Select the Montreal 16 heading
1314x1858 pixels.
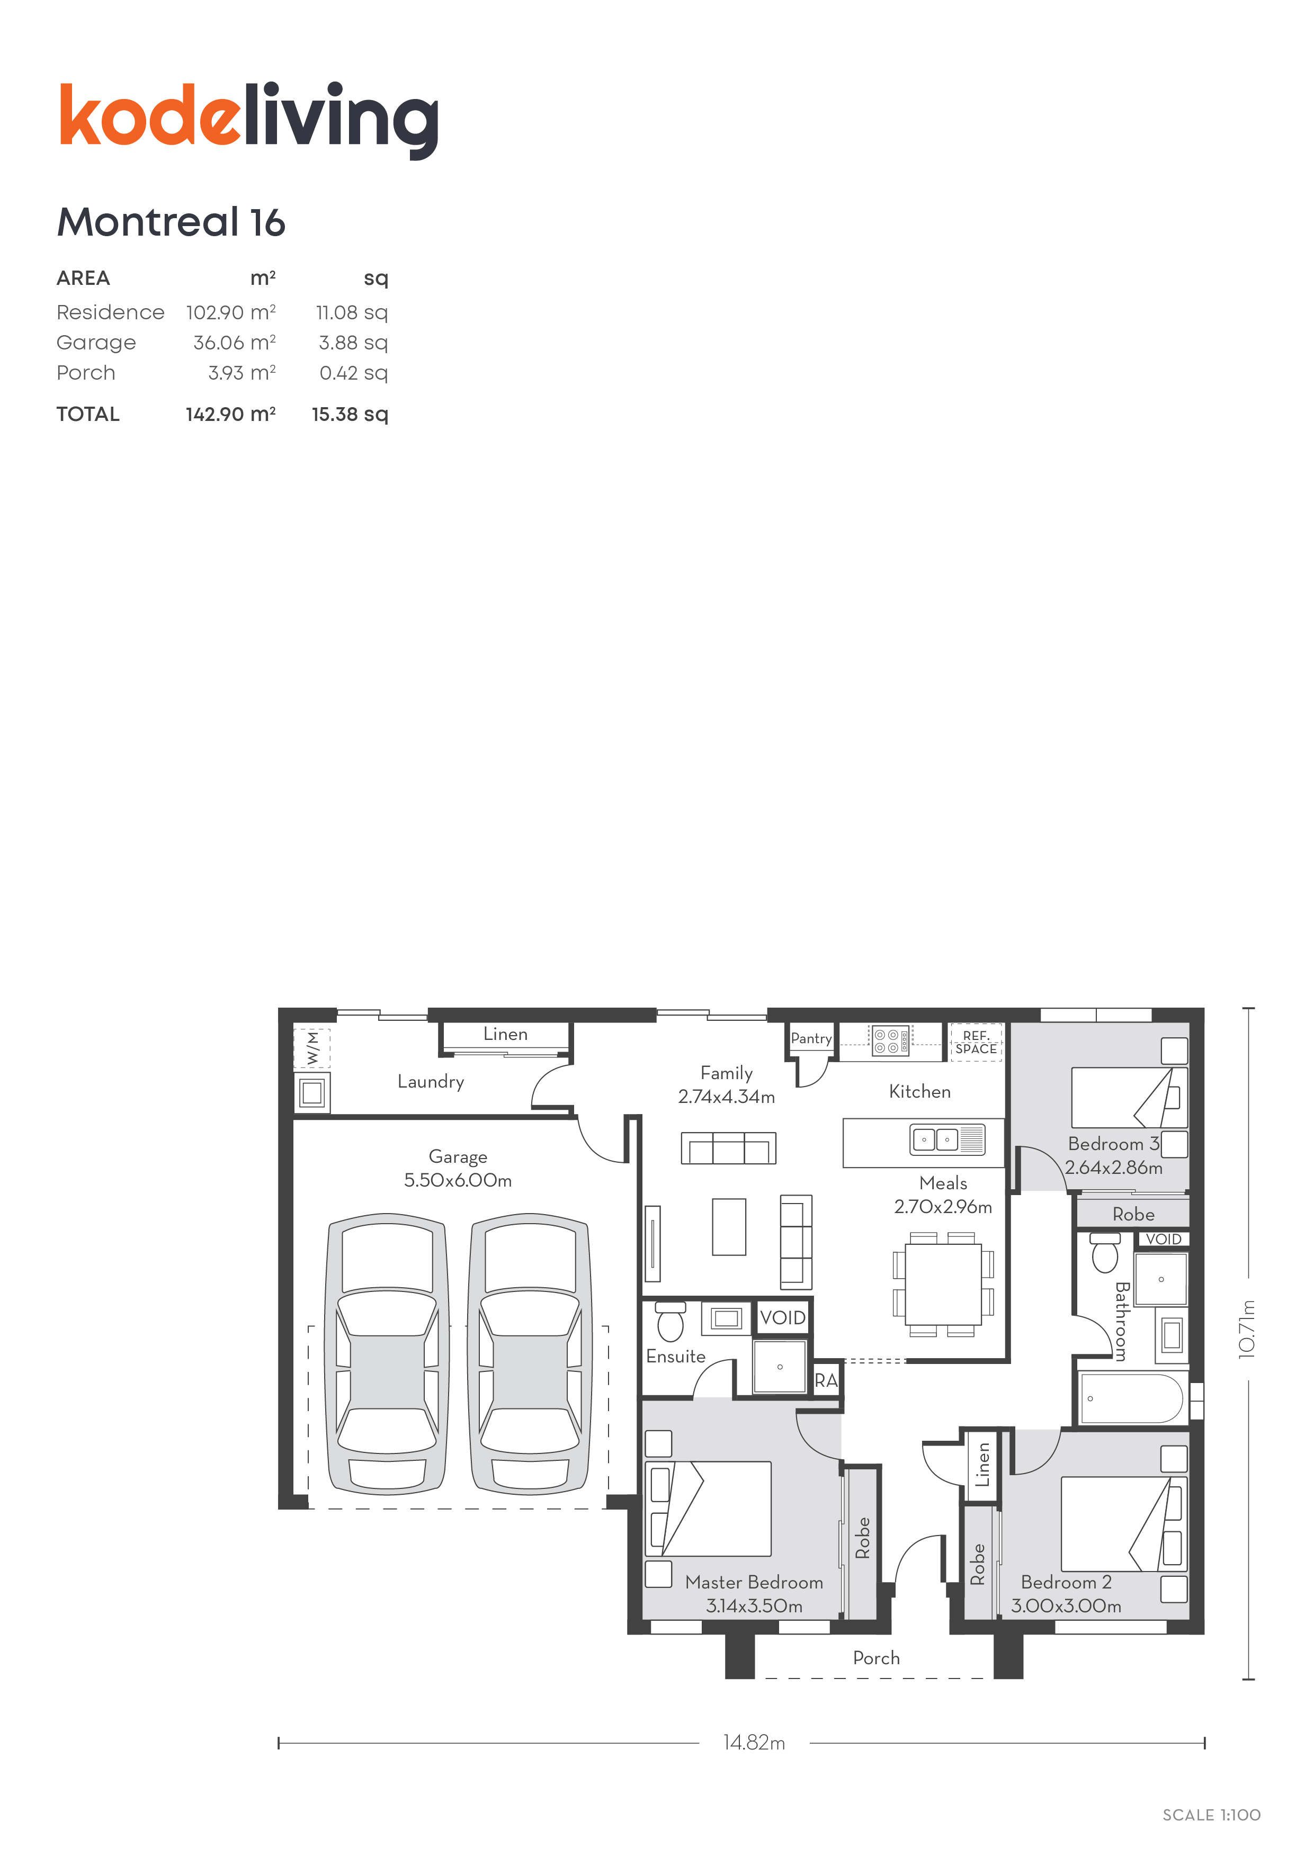point(171,222)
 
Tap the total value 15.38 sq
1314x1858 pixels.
point(350,414)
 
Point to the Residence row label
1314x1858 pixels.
point(110,312)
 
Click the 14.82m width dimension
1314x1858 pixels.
point(754,1742)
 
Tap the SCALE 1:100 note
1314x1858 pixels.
point(1211,1815)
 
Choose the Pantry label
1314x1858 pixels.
point(811,1038)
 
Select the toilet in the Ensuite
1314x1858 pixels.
point(671,1321)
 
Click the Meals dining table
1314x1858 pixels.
point(943,1284)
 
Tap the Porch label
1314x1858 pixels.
point(876,1658)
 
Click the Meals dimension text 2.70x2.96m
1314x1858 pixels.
point(943,1207)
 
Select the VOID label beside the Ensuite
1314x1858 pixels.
point(783,1317)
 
